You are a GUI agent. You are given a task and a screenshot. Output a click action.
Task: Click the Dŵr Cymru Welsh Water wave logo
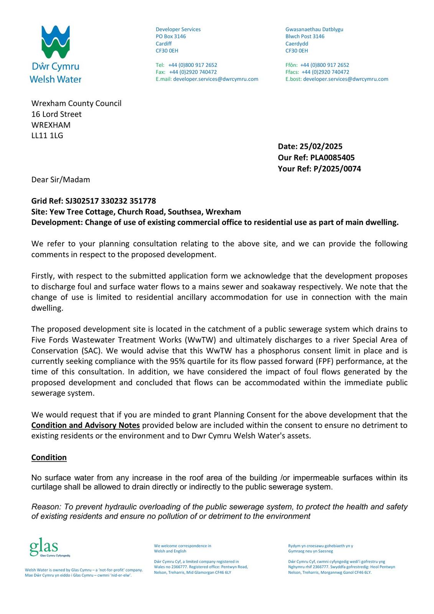pyautogui.click(x=55, y=42)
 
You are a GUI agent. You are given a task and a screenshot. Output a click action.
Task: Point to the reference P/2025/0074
pyautogui.click(x=337, y=168)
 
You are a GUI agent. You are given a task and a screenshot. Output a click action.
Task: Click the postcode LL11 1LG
pyautogui.click(x=47, y=135)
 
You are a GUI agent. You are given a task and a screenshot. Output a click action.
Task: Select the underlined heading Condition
pyautogui.click(x=49, y=457)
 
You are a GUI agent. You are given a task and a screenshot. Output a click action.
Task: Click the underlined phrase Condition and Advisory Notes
pyautogui.click(x=86, y=425)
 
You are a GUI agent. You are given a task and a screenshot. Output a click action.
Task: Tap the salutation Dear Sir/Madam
pyautogui.click(x=61, y=180)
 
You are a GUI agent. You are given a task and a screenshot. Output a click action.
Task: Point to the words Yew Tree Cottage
pyautogui.click(x=82, y=211)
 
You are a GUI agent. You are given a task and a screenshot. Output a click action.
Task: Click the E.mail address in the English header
pyautogui.click(x=216, y=79)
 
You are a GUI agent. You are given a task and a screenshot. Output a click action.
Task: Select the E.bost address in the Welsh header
pyautogui.click(x=345, y=79)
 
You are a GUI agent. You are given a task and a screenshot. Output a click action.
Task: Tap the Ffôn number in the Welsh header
pyautogui.click(x=325, y=65)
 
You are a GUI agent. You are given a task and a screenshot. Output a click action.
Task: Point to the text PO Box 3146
pyautogui.click(x=171, y=36)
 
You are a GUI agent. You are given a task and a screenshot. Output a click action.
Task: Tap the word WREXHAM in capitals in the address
pyautogui.click(x=51, y=125)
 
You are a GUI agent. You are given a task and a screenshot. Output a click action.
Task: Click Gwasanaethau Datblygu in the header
pyautogui.click(x=314, y=29)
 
